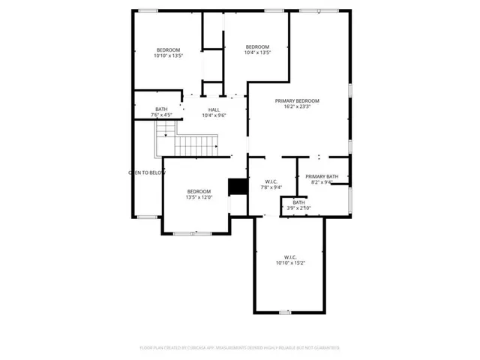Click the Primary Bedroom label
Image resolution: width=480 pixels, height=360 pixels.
point(297,100)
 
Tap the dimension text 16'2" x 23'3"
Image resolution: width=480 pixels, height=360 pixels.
point(297,107)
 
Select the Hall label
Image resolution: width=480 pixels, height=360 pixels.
point(214,109)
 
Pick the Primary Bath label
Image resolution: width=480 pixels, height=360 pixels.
point(322,176)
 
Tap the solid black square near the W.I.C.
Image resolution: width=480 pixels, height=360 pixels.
point(238,185)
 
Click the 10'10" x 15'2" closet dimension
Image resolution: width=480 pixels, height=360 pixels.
point(289,263)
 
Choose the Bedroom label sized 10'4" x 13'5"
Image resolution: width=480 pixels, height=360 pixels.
point(257,46)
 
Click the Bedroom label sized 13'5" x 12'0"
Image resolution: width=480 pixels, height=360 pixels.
point(199,191)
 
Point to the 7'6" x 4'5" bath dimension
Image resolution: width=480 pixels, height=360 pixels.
point(161,115)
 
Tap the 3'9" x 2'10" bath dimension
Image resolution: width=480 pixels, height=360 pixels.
point(298,208)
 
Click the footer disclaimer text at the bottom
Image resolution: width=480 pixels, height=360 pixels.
point(240,348)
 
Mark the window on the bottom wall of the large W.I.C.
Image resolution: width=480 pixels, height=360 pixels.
point(284,312)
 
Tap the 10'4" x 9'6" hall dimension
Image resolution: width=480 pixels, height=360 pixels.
point(214,115)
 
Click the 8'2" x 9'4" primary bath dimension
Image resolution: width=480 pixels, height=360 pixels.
point(322,182)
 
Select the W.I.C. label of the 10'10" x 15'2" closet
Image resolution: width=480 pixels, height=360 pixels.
point(289,256)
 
